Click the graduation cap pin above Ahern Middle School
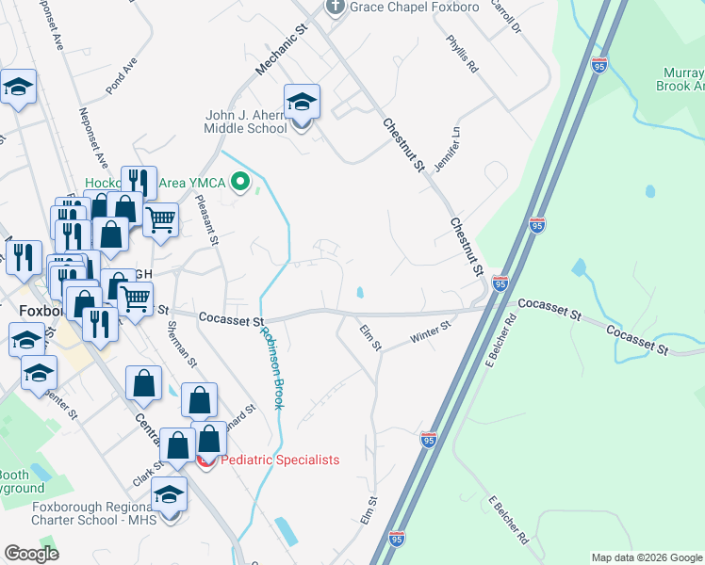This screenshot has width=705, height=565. pos(302,103)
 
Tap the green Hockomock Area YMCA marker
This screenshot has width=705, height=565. pos(241,182)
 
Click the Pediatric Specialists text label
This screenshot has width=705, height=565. pos(279,460)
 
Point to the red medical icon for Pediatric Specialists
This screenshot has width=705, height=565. pos(206,460)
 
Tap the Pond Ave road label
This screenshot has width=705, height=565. pos(123,75)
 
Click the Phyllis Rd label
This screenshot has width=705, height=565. pos(464,55)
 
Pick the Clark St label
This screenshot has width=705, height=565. pos(142,473)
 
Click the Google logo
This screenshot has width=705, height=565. pos(31,554)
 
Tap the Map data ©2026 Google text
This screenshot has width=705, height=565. pos(647,557)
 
